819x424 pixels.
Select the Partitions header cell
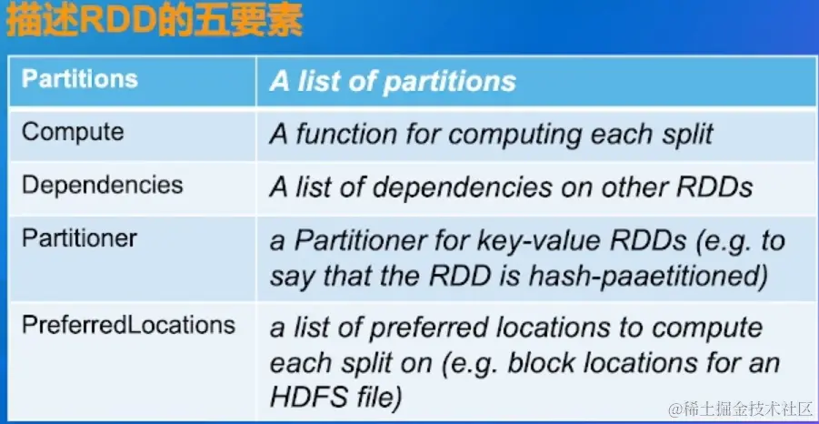coord(80,78)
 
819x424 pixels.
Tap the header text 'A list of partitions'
coord(393,81)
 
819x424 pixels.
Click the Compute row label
coord(73,132)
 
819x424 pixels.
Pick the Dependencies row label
coord(102,186)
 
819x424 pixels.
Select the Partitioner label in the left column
coord(79,238)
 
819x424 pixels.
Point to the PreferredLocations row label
coord(128,325)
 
